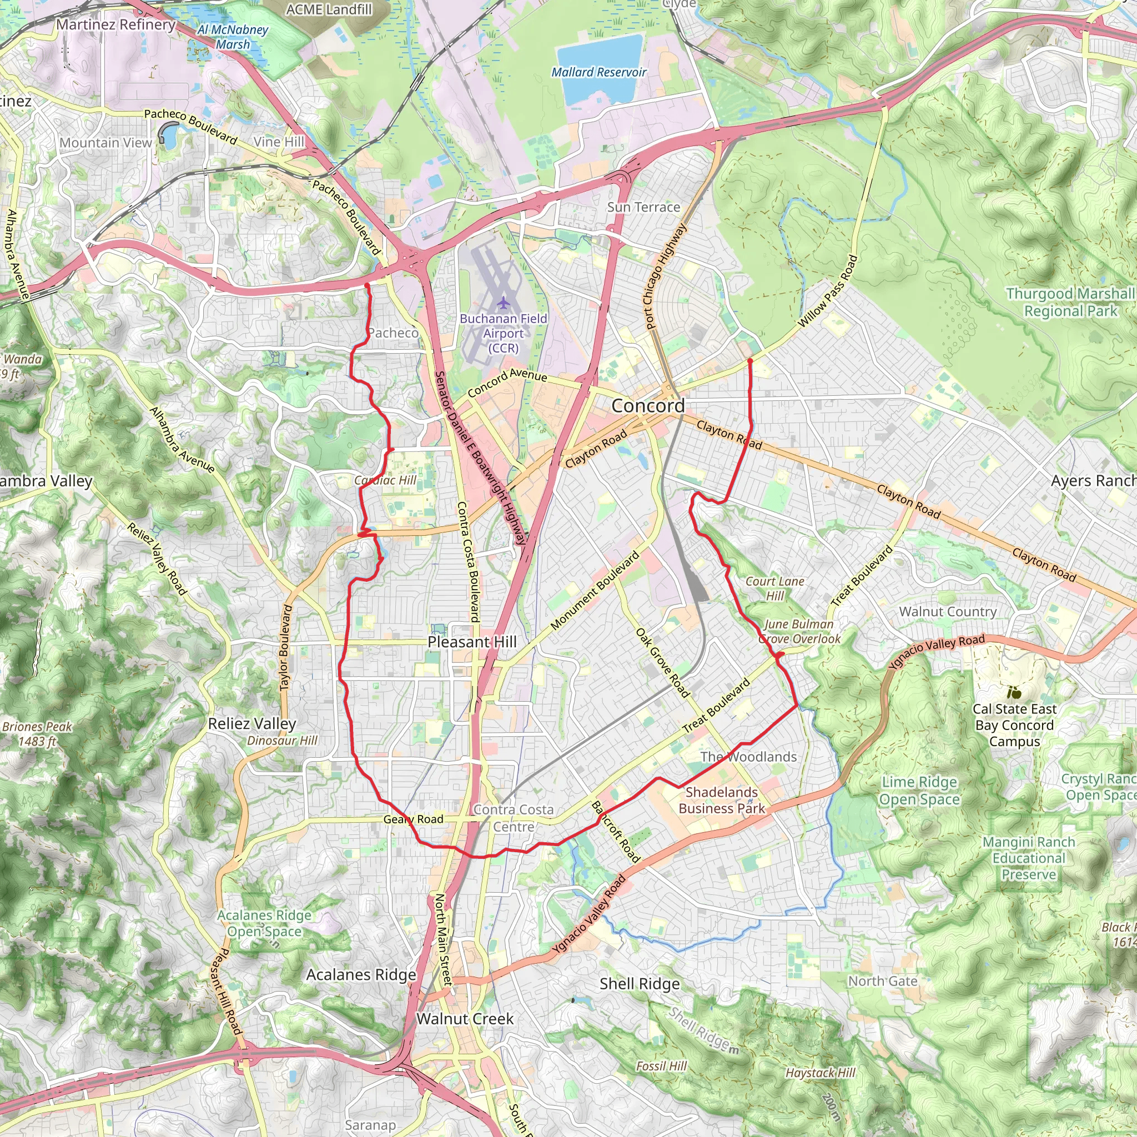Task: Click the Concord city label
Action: click(x=648, y=406)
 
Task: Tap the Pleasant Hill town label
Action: click(x=472, y=642)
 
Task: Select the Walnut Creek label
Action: click(x=465, y=1019)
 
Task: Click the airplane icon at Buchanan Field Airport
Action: click(x=503, y=303)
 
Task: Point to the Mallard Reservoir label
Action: click(x=598, y=72)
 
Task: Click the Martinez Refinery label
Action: click(x=116, y=25)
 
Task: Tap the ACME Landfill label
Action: click(x=329, y=9)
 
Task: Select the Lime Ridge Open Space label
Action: click(x=919, y=791)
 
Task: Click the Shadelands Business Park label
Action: click(x=722, y=801)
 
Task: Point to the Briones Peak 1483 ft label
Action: click(x=37, y=734)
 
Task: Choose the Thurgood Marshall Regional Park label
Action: click(x=1070, y=302)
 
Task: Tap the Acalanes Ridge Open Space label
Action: click(x=264, y=923)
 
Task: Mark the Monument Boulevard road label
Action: click(x=595, y=590)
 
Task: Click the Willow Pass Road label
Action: click(x=827, y=292)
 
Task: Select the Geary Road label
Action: click(x=413, y=819)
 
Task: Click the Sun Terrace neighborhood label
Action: click(x=643, y=207)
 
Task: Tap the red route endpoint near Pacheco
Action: click(x=366, y=285)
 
